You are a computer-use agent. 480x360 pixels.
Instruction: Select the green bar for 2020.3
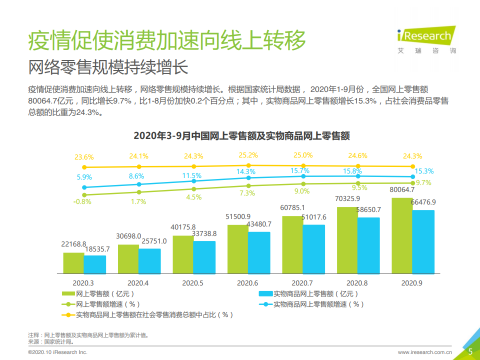tap(73, 263)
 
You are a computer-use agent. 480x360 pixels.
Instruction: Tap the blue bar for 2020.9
tap(423, 241)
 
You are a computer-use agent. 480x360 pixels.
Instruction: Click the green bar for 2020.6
tap(238, 249)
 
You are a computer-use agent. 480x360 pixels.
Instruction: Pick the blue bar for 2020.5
tap(204, 257)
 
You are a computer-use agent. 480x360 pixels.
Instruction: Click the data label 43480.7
tap(259, 224)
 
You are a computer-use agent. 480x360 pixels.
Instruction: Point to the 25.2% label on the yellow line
tap(248, 155)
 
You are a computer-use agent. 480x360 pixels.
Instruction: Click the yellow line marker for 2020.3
tap(84, 167)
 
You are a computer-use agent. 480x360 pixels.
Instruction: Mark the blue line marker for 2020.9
tap(413, 176)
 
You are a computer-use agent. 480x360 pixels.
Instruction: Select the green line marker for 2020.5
tap(193, 189)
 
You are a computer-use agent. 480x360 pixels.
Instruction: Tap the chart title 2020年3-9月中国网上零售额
tap(241, 135)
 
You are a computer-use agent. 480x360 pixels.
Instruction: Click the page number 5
tap(470, 352)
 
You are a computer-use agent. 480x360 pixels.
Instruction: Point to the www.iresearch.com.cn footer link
tap(425, 352)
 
